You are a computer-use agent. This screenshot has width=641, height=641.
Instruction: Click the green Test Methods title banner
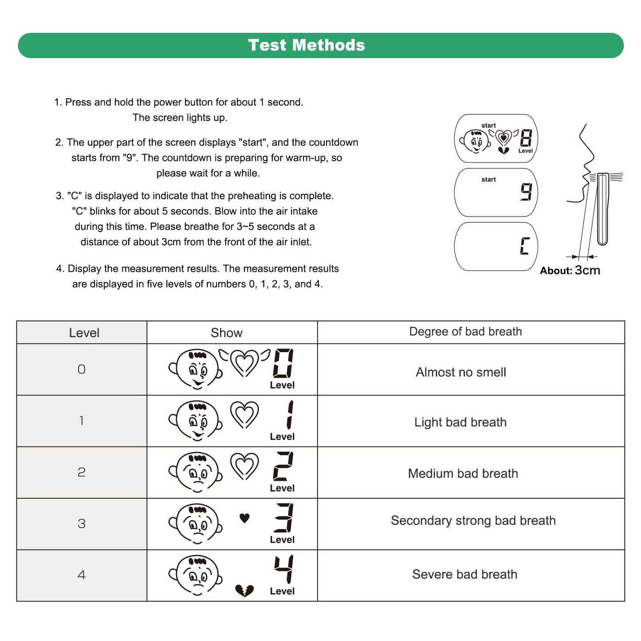click(320, 45)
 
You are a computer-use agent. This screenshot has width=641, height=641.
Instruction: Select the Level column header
click(84, 333)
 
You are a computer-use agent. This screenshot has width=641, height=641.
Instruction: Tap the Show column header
click(227, 333)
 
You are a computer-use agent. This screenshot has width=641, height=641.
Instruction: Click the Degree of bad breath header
click(465, 332)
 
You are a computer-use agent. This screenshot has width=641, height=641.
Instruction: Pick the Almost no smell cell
click(461, 372)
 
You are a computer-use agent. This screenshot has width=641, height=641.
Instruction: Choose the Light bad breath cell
click(460, 422)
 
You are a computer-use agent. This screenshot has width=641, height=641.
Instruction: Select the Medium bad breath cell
click(463, 473)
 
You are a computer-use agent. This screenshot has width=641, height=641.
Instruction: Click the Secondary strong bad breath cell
click(473, 520)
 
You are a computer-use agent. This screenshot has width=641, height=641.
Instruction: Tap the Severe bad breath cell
click(464, 574)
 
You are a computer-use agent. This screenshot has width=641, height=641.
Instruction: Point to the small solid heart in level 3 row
click(244, 518)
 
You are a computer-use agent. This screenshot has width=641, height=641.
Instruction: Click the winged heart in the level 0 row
click(244, 362)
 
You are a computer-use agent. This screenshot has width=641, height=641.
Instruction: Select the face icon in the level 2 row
click(196, 472)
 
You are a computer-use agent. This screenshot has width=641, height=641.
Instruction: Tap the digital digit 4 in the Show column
click(283, 569)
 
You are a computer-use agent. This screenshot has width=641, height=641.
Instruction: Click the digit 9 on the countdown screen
click(526, 192)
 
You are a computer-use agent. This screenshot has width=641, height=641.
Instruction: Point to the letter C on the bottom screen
click(525, 246)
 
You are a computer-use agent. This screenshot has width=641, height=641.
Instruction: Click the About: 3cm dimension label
click(570, 270)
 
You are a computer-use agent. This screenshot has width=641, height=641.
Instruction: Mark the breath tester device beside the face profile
click(602, 208)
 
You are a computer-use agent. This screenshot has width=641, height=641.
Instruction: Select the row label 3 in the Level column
click(82, 523)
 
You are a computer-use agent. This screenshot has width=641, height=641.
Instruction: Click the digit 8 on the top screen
click(526, 138)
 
